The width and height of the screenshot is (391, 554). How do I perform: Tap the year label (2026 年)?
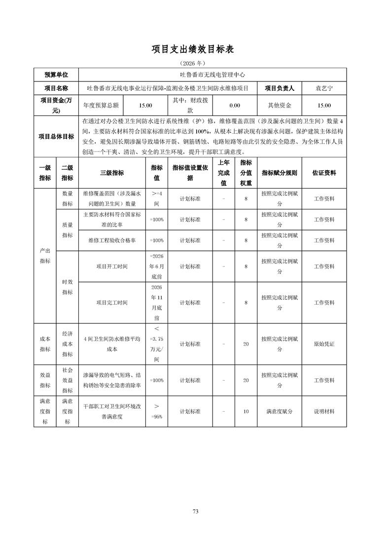point(195,64)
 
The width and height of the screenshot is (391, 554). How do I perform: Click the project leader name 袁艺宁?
point(324,88)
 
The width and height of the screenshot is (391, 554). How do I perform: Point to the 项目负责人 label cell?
point(280,88)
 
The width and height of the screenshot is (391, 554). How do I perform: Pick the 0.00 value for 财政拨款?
point(235,106)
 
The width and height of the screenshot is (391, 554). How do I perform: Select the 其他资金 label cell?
point(280,106)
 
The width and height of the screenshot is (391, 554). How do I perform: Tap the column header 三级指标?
point(112,173)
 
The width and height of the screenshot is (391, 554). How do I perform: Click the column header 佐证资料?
point(324,173)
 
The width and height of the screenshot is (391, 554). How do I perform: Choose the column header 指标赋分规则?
point(280,173)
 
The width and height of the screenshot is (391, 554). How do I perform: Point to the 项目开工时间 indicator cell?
point(112,267)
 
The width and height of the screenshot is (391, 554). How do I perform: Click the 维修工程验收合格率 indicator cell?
point(112,240)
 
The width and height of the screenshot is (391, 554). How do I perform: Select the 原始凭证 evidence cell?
point(324,344)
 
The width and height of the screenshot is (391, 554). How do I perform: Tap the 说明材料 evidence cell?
point(324,411)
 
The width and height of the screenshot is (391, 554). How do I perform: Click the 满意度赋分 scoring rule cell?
point(280,411)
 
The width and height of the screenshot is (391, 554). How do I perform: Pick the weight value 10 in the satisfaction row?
point(246,411)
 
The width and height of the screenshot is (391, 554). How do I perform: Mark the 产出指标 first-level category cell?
point(45,256)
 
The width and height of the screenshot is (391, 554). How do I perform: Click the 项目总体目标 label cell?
point(57,136)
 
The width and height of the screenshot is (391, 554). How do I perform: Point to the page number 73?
point(195,512)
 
